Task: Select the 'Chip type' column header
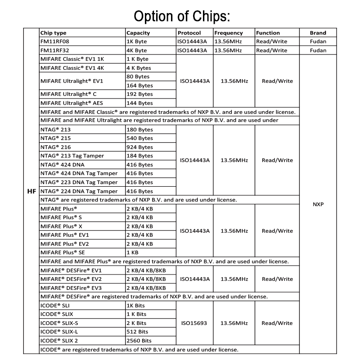pos(53,33)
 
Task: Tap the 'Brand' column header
pos(318,33)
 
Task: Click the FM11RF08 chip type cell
pos(55,41)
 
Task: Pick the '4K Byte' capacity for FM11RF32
pos(137,50)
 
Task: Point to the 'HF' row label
pos(31,191)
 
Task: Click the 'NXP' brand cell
pos(318,204)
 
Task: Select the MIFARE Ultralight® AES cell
pos(68,103)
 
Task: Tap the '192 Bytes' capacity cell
pos(139,94)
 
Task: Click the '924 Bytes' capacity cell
pos(139,147)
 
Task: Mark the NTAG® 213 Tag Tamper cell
pos(72,156)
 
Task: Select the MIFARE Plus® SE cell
pos(63,252)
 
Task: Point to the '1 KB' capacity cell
pos(134,252)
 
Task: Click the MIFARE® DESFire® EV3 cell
pos(71,288)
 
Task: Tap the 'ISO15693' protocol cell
pos(194,323)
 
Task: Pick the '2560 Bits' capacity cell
pos(139,341)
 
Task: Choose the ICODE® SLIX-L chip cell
pos(58,332)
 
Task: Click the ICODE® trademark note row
pos(139,350)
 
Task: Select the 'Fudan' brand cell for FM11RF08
pos(318,41)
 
